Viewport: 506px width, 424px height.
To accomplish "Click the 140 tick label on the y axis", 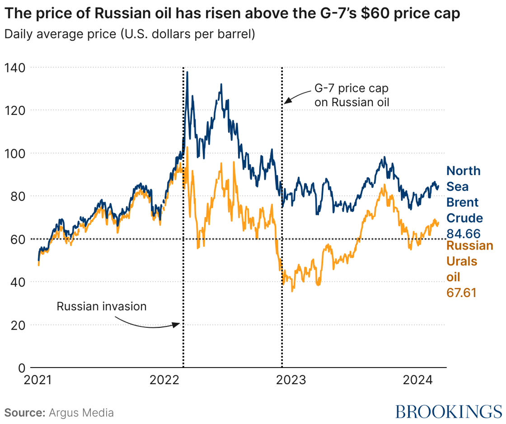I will click(x=15, y=68).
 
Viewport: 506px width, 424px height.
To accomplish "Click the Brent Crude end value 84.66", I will click(x=463, y=234).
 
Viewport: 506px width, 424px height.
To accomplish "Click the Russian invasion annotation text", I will click(x=102, y=306).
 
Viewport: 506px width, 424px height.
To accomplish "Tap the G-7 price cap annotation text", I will click(x=351, y=95).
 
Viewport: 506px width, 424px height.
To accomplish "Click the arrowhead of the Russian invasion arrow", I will click(x=179, y=324).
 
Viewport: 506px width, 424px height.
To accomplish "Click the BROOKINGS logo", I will click(x=448, y=412).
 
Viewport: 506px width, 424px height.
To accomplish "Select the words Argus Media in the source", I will click(x=81, y=413).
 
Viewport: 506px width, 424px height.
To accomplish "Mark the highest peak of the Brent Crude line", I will click(x=187, y=72).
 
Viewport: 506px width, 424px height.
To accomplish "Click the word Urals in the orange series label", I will click(x=462, y=262).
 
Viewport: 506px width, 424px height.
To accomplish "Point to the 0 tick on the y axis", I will click(x=21, y=368).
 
